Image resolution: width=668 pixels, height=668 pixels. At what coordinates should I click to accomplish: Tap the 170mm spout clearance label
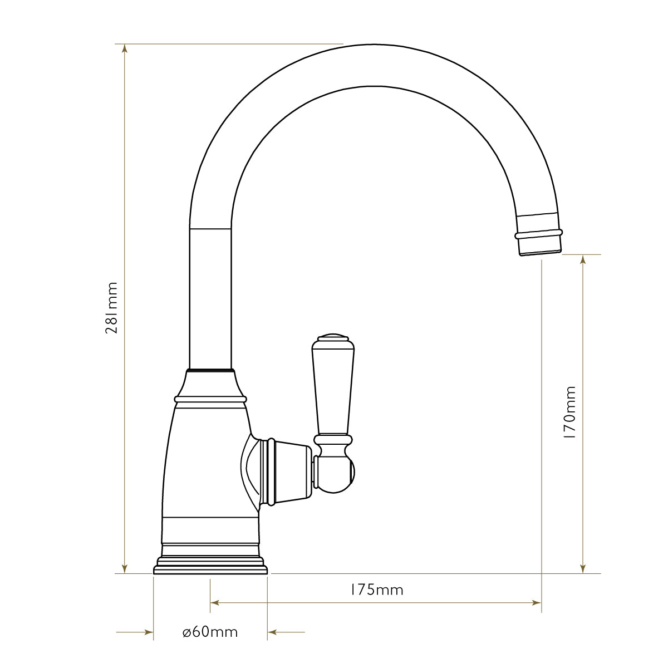coord(569,414)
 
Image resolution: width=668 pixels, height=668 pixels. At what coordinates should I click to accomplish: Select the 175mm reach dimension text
coord(376,590)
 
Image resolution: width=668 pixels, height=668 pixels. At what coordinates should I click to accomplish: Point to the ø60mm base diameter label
coord(210,632)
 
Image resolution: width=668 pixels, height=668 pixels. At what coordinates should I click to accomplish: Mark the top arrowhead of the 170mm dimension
coord(583,260)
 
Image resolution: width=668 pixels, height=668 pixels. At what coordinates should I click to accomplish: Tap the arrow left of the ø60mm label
coord(148,632)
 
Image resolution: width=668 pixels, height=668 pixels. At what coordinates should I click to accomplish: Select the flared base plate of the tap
coord(210,566)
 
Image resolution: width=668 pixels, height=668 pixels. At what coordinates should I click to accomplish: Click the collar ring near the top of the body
coord(210,399)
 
